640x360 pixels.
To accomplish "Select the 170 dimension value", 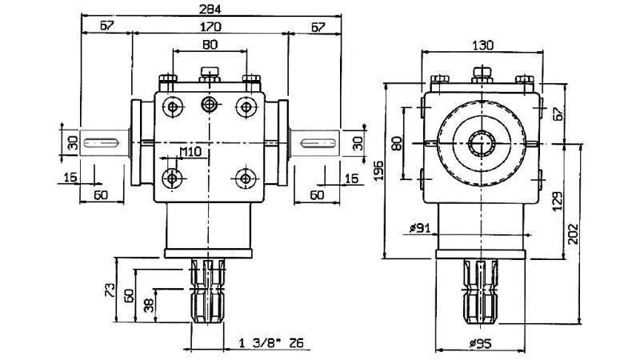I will tap(209, 26).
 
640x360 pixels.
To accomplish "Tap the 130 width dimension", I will tap(482, 44).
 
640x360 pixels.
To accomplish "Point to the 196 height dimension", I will tap(378, 170).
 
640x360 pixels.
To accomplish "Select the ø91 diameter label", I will tap(420, 229).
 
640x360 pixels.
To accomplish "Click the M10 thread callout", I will tap(190, 151).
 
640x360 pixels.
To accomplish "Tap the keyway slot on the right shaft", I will tap(321, 142).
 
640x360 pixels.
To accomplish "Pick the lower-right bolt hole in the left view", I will tap(245, 176).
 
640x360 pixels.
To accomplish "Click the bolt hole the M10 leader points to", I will tap(171, 176).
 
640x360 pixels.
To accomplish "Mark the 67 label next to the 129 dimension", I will tap(558, 114).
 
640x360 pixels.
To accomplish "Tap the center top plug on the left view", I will tap(210, 74).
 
